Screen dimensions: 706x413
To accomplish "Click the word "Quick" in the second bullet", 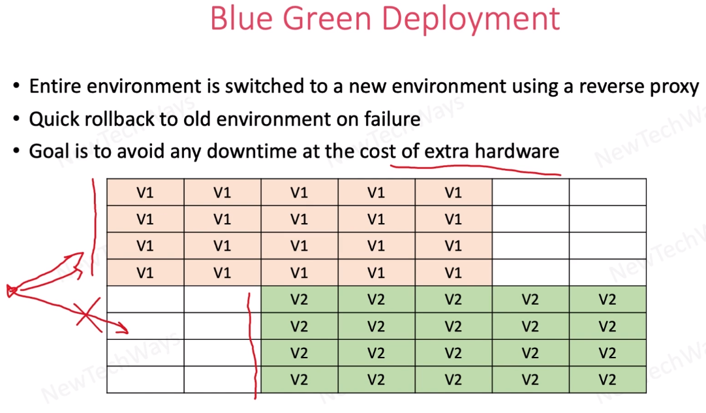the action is point(51,119).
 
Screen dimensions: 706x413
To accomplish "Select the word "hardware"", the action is point(517,151).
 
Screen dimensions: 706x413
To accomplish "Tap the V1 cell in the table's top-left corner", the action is point(146,192).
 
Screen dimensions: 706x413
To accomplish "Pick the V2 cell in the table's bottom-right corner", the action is point(607,380).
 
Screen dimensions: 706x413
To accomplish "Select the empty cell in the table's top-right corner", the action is point(607,192).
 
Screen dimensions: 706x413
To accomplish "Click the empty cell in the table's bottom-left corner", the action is point(146,380).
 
